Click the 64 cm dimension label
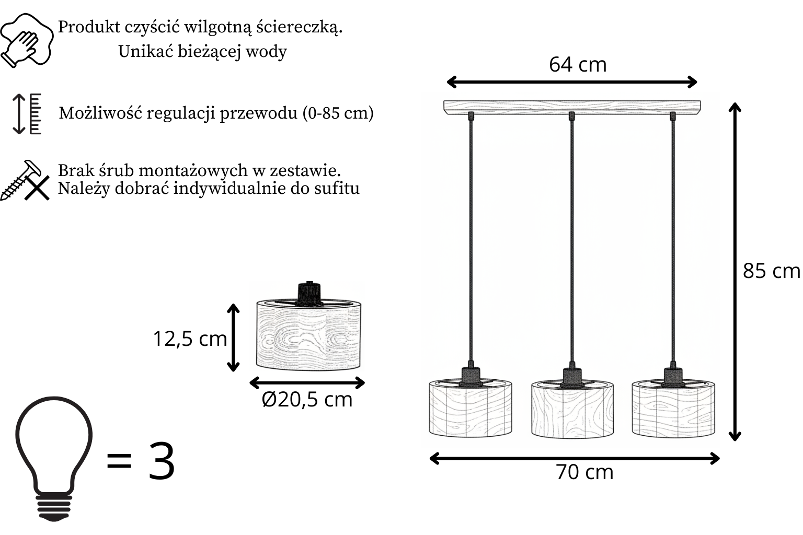click(578, 64)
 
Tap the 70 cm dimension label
click(584, 472)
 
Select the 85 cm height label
click(771, 271)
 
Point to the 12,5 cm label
click(190, 339)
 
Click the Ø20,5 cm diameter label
click(307, 399)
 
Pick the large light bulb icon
click(54, 459)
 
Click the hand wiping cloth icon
click(27, 40)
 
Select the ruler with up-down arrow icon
click(27, 114)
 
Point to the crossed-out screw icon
click(25, 181)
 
